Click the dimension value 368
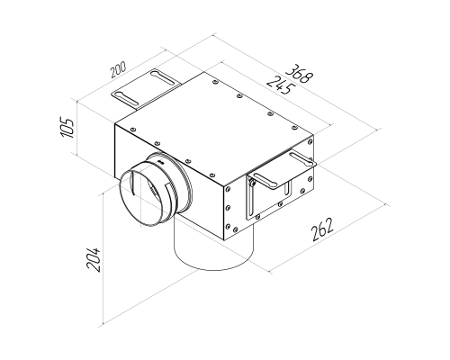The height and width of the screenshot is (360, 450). pyautogui.click(x=299, y=73)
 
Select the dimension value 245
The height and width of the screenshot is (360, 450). pyautogui.click(x=281, y=85)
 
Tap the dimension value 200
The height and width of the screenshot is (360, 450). pyautogui.click(x=119, y=70)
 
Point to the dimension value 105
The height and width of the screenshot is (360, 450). pyautogui.click(x=67, y=128)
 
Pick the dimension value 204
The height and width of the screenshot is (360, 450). pyautogui.click(x=93, y=259)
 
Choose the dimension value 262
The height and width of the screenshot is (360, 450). pyautogui.click(x=322, y=229)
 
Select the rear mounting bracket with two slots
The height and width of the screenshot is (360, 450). pyautogui.click(x=147, y=89)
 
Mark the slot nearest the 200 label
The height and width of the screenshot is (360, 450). pyautogui.click(x=164, y=78)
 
